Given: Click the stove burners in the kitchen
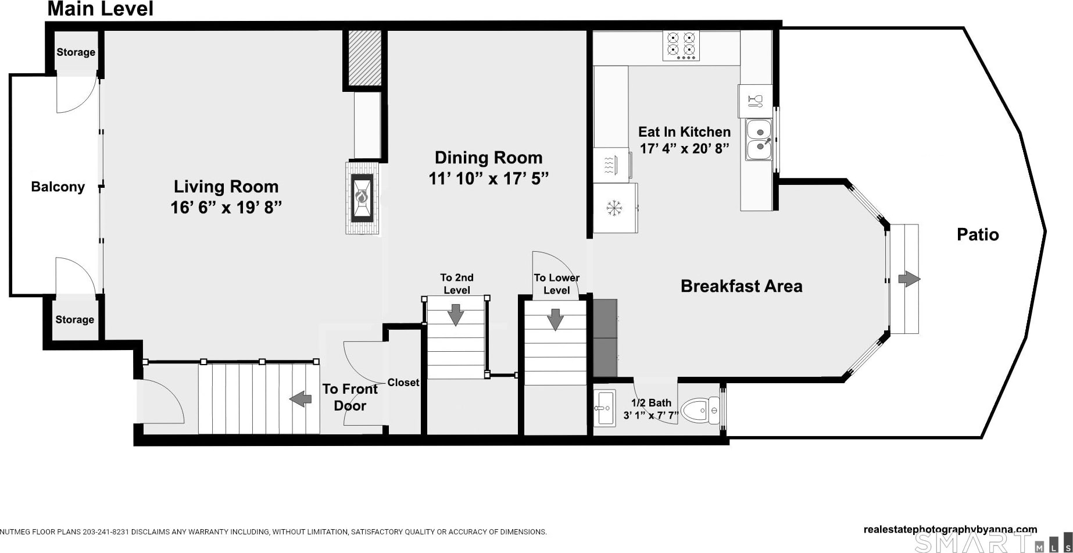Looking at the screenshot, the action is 681,45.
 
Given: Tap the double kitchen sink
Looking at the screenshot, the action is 759,140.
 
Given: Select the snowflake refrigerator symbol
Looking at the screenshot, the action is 614,208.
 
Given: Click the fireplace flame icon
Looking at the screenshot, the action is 362,198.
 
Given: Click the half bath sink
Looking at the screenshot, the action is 605,408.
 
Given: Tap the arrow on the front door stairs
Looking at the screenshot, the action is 301,399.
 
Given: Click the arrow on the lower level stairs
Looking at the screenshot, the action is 555,319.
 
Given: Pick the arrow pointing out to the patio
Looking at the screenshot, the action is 909,279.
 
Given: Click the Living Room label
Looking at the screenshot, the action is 226,187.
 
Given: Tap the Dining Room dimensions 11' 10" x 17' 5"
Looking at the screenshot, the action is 489,179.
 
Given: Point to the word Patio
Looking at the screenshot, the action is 978,234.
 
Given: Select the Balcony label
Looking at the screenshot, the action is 58,187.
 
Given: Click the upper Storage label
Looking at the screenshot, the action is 76,52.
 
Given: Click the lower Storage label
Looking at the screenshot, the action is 74,319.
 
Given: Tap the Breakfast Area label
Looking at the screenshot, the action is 742,286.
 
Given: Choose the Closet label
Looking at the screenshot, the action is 403,382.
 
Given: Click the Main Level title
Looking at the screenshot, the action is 101,9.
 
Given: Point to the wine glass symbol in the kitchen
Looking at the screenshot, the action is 755,101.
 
